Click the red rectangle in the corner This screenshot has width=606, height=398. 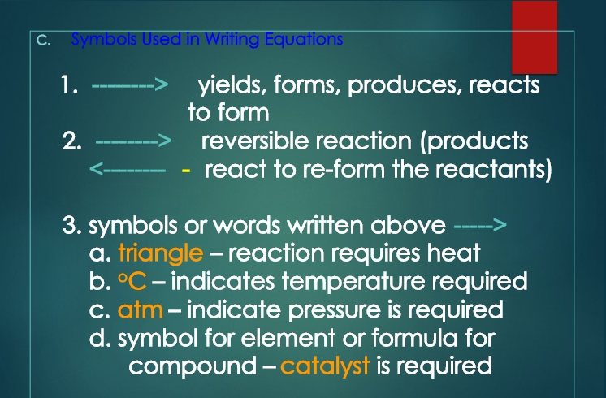point(535,37)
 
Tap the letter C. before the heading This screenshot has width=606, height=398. point(43,40)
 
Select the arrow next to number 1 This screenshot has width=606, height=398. point(130,84)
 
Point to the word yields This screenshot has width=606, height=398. point(232,86)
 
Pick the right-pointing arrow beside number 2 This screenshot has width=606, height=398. point(134,141)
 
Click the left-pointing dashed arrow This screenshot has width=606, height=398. point(128,169)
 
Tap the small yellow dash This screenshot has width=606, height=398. point(186,170)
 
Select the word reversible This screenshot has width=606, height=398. point(255,141)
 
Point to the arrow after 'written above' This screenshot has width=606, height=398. point(480,225)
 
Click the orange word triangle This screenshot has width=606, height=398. point(161,253)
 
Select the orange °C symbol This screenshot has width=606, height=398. point(132,281)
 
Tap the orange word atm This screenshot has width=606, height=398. point(141,310)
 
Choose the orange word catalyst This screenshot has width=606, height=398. point(325,366)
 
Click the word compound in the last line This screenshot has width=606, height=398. point(193,366)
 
